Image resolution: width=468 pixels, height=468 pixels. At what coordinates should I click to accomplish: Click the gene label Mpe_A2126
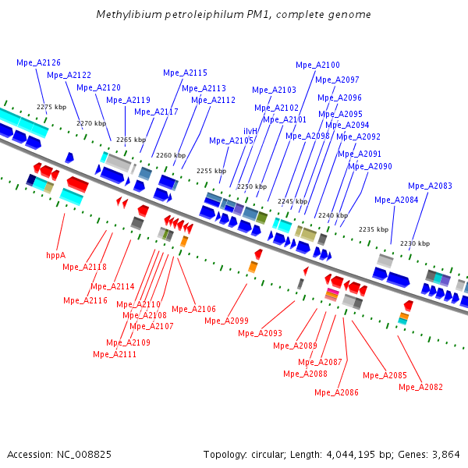pos(38,62)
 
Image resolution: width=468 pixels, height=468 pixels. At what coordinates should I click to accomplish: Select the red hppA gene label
pos(55,254)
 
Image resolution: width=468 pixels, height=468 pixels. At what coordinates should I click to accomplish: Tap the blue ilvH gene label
pos(250,131)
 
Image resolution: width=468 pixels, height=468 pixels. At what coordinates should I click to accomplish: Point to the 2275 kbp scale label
pos(51,107)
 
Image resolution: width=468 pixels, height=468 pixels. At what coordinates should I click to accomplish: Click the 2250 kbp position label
pos(252,186)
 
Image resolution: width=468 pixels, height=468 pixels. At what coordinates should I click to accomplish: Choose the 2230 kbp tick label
pos(415,243)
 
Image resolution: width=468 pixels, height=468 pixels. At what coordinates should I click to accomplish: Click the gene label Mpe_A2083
pos(430,186)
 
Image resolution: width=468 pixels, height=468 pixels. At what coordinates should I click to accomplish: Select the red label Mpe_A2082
pos(420,387)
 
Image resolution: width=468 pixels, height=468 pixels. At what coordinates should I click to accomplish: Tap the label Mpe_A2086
pos(336,392)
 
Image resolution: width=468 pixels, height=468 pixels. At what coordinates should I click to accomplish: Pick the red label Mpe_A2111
pos(115,354)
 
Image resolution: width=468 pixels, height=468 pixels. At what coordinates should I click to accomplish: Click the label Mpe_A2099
pos(226,321)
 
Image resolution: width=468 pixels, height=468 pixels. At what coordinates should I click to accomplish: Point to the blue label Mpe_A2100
pos(317,65)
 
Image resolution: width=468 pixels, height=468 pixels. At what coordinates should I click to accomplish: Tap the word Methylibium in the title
pos(123,15)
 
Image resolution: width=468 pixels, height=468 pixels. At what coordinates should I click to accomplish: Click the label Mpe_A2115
pos(185,73)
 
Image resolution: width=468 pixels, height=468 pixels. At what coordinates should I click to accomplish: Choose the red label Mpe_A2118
pos(84,267)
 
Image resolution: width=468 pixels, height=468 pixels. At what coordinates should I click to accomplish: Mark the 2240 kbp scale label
pos(333,215)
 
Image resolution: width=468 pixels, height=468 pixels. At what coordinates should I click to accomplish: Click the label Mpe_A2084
pos(396,200)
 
